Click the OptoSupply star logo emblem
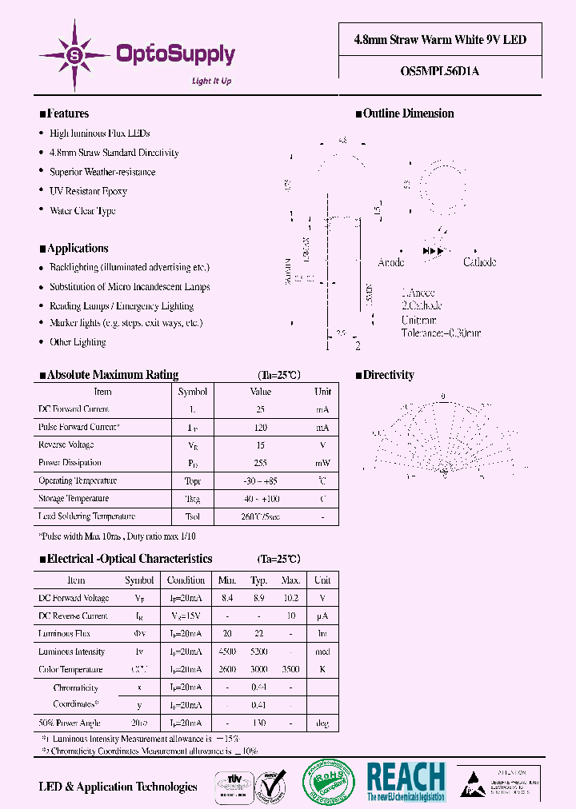[x=75, y=55]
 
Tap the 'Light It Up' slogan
[x=212, y=81]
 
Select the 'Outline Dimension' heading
[x=408, y=114]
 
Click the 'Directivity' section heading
[x=388, y=375]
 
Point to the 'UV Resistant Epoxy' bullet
[x=88, y=192]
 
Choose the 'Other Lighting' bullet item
[x=78, y=342]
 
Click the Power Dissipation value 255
[x=261, y=463]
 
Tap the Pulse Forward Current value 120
[x=261, y=428]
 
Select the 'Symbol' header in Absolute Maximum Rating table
[x=192, y=392]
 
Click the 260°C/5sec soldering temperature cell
[x=261, y=516]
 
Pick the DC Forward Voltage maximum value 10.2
[x=290, y=598]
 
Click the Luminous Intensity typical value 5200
[x=258, y=652]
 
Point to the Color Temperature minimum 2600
[x=228, y=670]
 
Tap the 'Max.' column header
[x=290, y=580]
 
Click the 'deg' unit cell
[x=322, y=723]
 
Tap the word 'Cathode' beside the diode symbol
[x=479, y=262]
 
